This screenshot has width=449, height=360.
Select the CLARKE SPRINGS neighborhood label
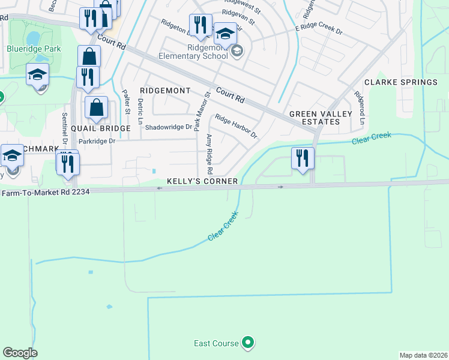coord(400,82)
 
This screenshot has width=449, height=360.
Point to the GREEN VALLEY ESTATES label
coord(315,118)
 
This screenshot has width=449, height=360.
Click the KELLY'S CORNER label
coord(202,181)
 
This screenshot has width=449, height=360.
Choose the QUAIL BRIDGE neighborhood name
coord(101,128)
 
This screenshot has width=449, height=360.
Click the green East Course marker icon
coord(248,343)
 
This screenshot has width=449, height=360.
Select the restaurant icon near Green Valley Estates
coord(303,158)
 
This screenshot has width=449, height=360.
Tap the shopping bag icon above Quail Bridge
coord(96,109)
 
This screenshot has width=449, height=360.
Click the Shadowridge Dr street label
coord(169,127)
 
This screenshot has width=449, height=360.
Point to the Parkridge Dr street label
coord(96,142)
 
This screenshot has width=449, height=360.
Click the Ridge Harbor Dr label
coord(236,127)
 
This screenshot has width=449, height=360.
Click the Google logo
coord(20,353)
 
